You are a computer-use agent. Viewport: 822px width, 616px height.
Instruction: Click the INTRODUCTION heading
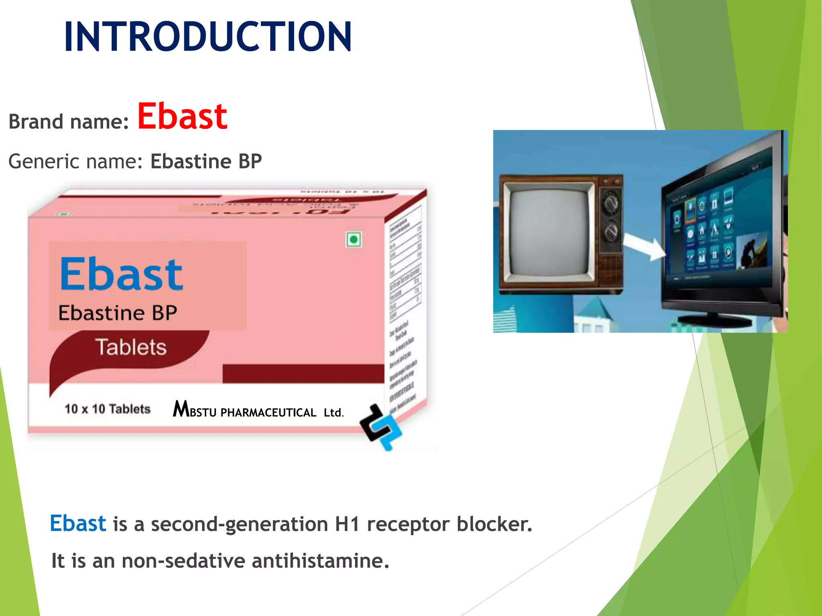click(208, 37)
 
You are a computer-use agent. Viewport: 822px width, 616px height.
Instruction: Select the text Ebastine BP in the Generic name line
click(206, 162)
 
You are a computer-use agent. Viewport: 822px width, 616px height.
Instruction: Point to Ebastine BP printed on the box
click(117, 313)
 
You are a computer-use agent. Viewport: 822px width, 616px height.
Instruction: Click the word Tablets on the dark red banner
click(131, 347)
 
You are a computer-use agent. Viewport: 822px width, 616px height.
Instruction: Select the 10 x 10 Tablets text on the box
click(107, 409)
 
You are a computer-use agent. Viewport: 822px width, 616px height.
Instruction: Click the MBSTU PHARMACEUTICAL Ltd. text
click(258, 411)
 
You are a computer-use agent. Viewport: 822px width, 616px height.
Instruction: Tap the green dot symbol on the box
click(354, 240)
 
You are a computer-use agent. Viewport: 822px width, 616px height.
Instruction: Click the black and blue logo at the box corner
click(380, 428)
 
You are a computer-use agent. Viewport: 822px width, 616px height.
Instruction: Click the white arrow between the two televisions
click(644, 247)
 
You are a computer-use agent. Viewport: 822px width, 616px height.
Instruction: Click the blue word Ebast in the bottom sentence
click(78, 523)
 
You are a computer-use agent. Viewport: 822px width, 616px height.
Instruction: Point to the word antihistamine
click(320, 561)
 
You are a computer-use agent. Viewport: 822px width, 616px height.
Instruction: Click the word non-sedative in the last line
click(183, 561)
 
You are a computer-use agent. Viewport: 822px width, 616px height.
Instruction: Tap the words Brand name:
click(69, 122)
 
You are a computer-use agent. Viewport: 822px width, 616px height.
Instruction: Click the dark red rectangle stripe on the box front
click(303, 373)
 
